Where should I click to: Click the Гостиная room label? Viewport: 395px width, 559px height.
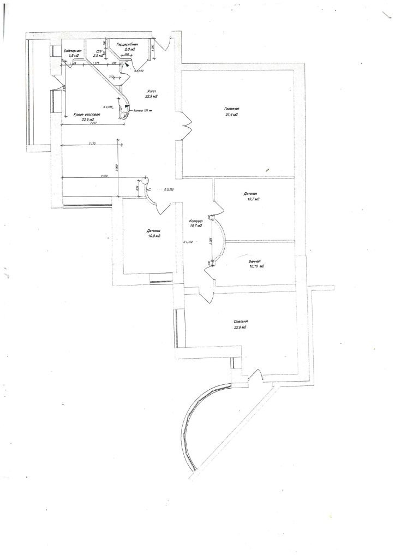(231, 109)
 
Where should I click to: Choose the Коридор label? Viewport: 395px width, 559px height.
(196, 220)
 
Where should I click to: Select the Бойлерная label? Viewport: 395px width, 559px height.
(72, 51)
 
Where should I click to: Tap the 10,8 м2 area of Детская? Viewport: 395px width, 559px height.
(153, 236)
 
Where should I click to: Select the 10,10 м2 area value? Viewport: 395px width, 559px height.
(256, 267)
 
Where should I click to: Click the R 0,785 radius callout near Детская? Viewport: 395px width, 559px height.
(168, 189)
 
